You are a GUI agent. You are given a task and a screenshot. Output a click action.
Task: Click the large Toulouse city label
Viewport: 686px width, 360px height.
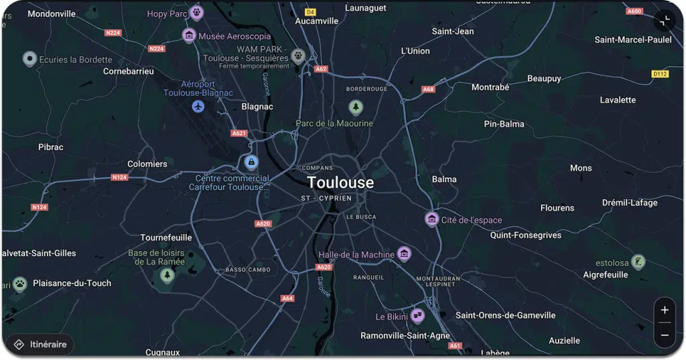tap(340, 182)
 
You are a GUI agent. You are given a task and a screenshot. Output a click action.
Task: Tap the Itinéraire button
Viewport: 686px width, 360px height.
tap(41, 345)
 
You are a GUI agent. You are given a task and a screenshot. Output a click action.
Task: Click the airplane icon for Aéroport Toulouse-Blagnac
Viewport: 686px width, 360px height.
tap(198, 107)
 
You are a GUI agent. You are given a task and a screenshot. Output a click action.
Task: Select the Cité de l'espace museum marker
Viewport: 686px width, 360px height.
tap(432, 219)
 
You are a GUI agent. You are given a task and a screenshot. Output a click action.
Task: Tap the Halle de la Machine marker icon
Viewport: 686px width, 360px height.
tap(403, 253)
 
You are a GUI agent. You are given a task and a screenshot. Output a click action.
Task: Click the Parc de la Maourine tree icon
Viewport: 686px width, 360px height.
tap(356, 107)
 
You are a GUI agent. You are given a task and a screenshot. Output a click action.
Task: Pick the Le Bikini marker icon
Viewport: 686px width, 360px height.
tap(417, 315)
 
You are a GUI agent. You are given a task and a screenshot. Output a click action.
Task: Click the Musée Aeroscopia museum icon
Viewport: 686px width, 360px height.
tap(189, 36)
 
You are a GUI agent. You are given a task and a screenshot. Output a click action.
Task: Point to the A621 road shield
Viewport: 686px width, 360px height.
tap(239, 133)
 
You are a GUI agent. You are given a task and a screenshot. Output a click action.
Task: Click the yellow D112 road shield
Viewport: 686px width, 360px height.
tap(660, 74)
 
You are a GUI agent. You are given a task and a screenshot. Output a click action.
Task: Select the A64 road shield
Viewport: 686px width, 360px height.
tap(287, 298)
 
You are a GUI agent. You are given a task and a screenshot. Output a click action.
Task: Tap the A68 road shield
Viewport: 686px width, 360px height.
tap(428, 89)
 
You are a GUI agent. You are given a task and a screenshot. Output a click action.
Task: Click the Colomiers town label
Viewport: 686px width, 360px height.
tap(147, 164)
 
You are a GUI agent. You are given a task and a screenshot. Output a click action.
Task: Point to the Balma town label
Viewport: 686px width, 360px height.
tap(444, 179)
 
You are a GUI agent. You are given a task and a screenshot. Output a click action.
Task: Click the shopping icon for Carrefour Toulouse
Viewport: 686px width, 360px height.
tap(251, 162)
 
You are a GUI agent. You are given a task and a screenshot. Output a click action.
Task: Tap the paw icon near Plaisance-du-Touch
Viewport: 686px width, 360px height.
tap(20, 283)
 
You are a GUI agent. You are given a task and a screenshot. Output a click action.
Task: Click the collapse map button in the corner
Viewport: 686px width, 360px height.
tap(665, 21)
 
